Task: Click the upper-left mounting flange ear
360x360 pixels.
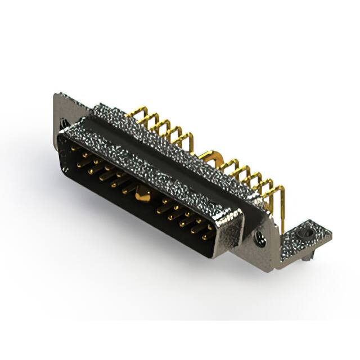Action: (x=62, y=107)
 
